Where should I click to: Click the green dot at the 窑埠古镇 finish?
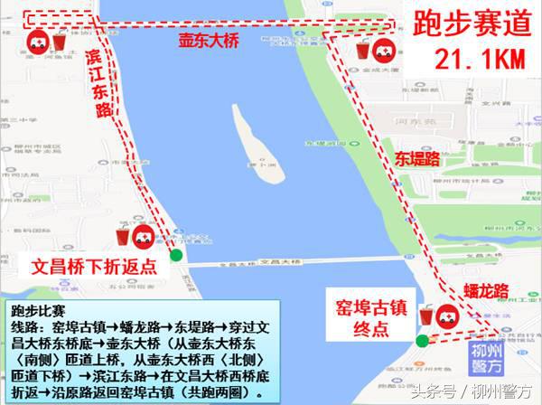point(422,340)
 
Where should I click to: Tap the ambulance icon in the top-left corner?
point(37,41)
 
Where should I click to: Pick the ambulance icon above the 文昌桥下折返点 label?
point(143,238)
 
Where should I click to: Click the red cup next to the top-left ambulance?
point(59,42)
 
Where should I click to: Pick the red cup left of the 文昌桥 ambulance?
point(122,237)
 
